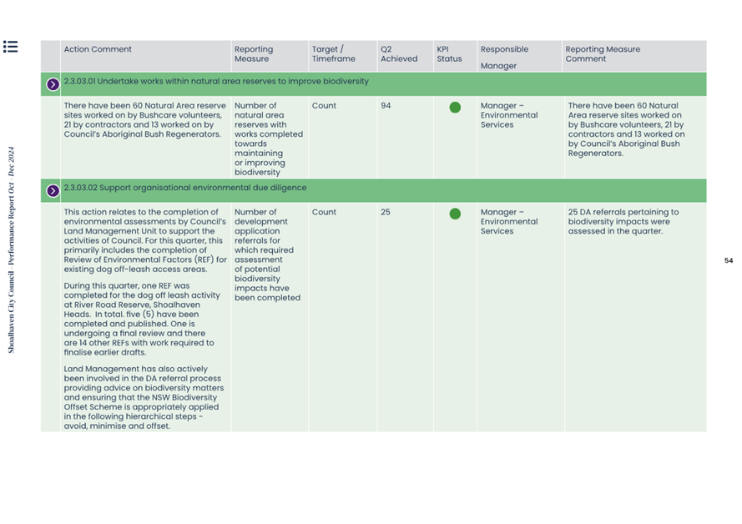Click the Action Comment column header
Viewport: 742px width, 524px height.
pos(98,49)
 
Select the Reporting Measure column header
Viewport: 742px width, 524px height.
pos(253,54)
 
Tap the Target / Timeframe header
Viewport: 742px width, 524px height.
pos(333,54)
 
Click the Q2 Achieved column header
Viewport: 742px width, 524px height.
pos(398,54)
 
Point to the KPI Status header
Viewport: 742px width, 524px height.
pos(448,54)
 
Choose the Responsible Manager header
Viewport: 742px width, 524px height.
pos(504,57)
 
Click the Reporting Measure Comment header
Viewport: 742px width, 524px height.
pos(603,54)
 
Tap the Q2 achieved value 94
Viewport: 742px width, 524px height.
pos(386,106)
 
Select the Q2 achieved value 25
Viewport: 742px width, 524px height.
pos(386,212)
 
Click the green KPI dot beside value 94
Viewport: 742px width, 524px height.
pos(455,108)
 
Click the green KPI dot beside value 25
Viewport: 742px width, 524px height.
pos(455,214)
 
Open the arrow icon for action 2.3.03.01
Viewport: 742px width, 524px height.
pos(53,84)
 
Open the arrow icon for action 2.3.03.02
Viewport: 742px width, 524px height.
pos(53,190)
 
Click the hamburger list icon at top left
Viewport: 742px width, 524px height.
pos(10,47)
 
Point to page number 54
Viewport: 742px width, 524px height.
pos(728,261)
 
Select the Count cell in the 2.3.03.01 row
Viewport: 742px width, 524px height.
pos(324,106)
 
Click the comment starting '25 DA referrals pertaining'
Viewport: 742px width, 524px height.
pos(623,221)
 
